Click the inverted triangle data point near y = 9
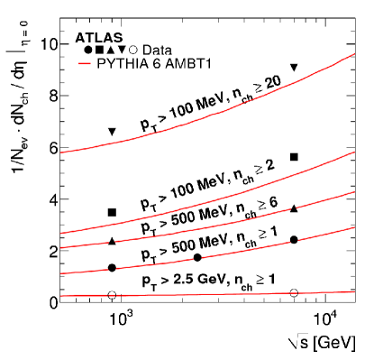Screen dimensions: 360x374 point(294,68)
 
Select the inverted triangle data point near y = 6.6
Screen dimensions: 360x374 point(112,132)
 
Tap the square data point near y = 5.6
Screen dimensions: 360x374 point(294,157)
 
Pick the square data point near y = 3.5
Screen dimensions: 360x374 point(112,212)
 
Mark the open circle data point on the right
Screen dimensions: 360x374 point(294,292)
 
